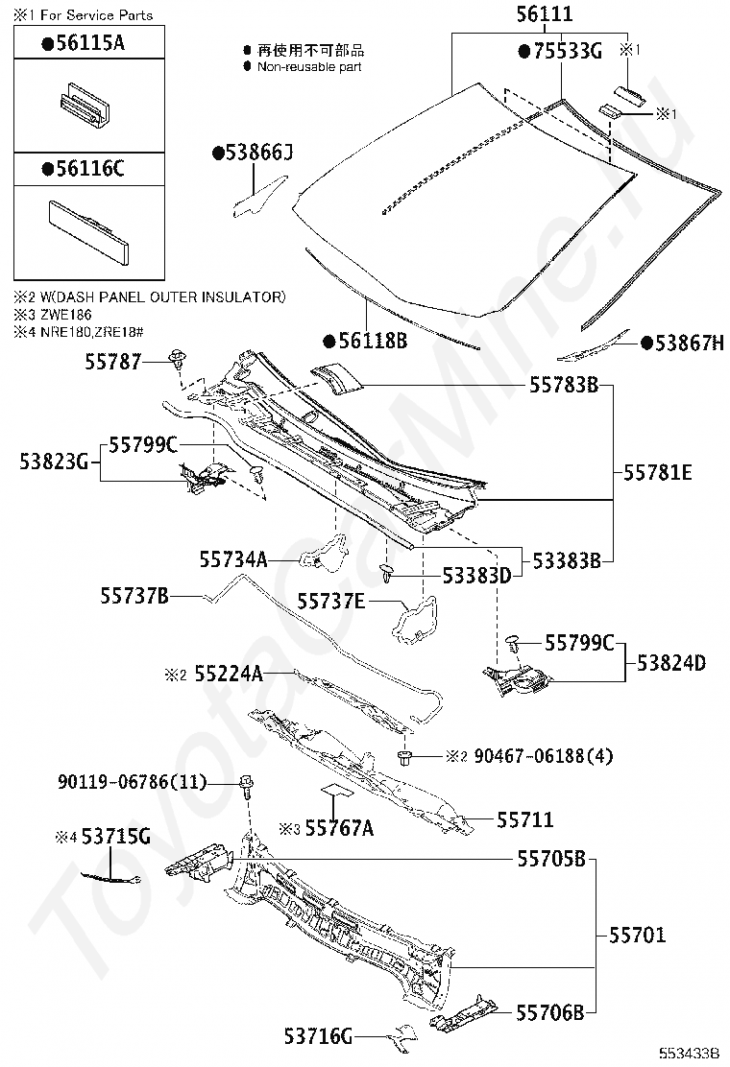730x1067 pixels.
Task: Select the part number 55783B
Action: [564, 385]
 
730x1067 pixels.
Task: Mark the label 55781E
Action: [658, 472]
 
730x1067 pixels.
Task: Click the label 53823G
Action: [53, 462]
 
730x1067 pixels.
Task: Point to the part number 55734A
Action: [233, 558]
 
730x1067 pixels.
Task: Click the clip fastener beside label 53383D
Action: [386, 574]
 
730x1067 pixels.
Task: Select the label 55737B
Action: [134, 596]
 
